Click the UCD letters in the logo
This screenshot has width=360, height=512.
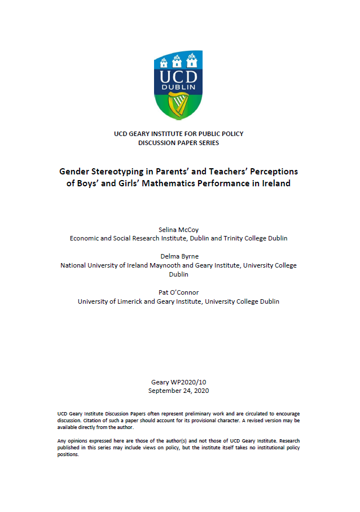178,77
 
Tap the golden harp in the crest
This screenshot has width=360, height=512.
179,105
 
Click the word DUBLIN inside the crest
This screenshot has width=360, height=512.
178,87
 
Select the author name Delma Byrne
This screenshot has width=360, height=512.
179,256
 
